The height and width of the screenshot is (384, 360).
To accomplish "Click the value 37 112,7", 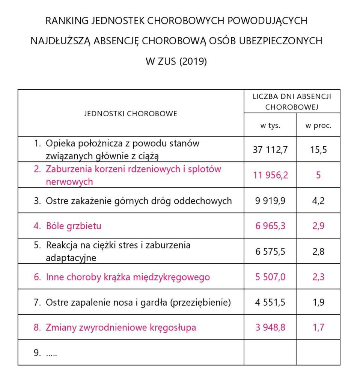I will point(270,150).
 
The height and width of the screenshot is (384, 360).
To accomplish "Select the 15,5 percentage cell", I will point(318,150).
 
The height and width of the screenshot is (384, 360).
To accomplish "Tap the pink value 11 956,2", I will point(270,175).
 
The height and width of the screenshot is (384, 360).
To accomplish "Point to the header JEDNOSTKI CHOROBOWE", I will point(131,113).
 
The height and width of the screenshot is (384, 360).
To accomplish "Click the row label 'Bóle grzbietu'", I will point(73,226).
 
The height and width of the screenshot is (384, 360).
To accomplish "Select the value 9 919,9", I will point(270,201).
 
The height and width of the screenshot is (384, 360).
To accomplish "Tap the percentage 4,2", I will point(318,201).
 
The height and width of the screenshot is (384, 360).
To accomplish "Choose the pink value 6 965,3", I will point(270,226).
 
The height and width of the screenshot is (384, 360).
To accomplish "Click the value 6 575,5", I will point(270,251).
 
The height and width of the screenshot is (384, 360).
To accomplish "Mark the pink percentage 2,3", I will point(318,277).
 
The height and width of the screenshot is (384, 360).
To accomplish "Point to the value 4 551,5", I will point(270,302).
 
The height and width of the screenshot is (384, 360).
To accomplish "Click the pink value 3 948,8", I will point(270,327).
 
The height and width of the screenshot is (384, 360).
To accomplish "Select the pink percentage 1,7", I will point(318,327).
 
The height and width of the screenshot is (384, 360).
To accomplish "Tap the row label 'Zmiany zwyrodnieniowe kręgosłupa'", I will point(121,327).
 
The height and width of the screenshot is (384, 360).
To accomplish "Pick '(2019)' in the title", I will point(193,61).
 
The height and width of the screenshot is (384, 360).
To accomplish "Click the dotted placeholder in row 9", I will point(51,353).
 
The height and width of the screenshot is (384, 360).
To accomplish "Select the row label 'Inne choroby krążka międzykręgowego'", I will point(128,277).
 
